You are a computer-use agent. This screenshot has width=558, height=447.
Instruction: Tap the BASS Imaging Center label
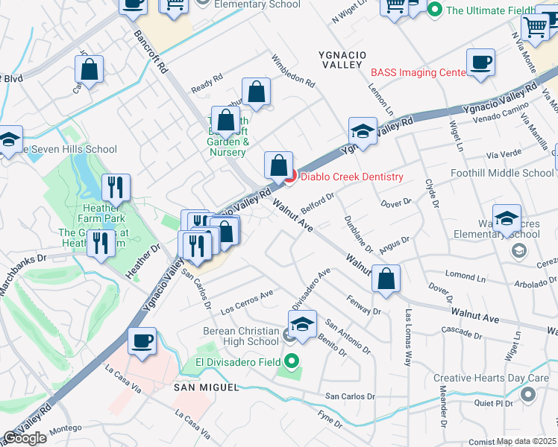coord(418,72)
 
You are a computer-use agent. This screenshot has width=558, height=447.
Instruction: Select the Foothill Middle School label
coord(502,173)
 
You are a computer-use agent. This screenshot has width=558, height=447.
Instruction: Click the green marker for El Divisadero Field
coord(293,363)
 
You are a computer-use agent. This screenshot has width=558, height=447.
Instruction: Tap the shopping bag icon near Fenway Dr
coord(386,279)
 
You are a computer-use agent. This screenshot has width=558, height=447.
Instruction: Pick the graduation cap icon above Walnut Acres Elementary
coord(507,218)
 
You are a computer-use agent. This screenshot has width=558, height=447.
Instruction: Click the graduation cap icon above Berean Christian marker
coord(302,324)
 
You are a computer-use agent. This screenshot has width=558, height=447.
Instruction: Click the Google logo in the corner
coord(25,438)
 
